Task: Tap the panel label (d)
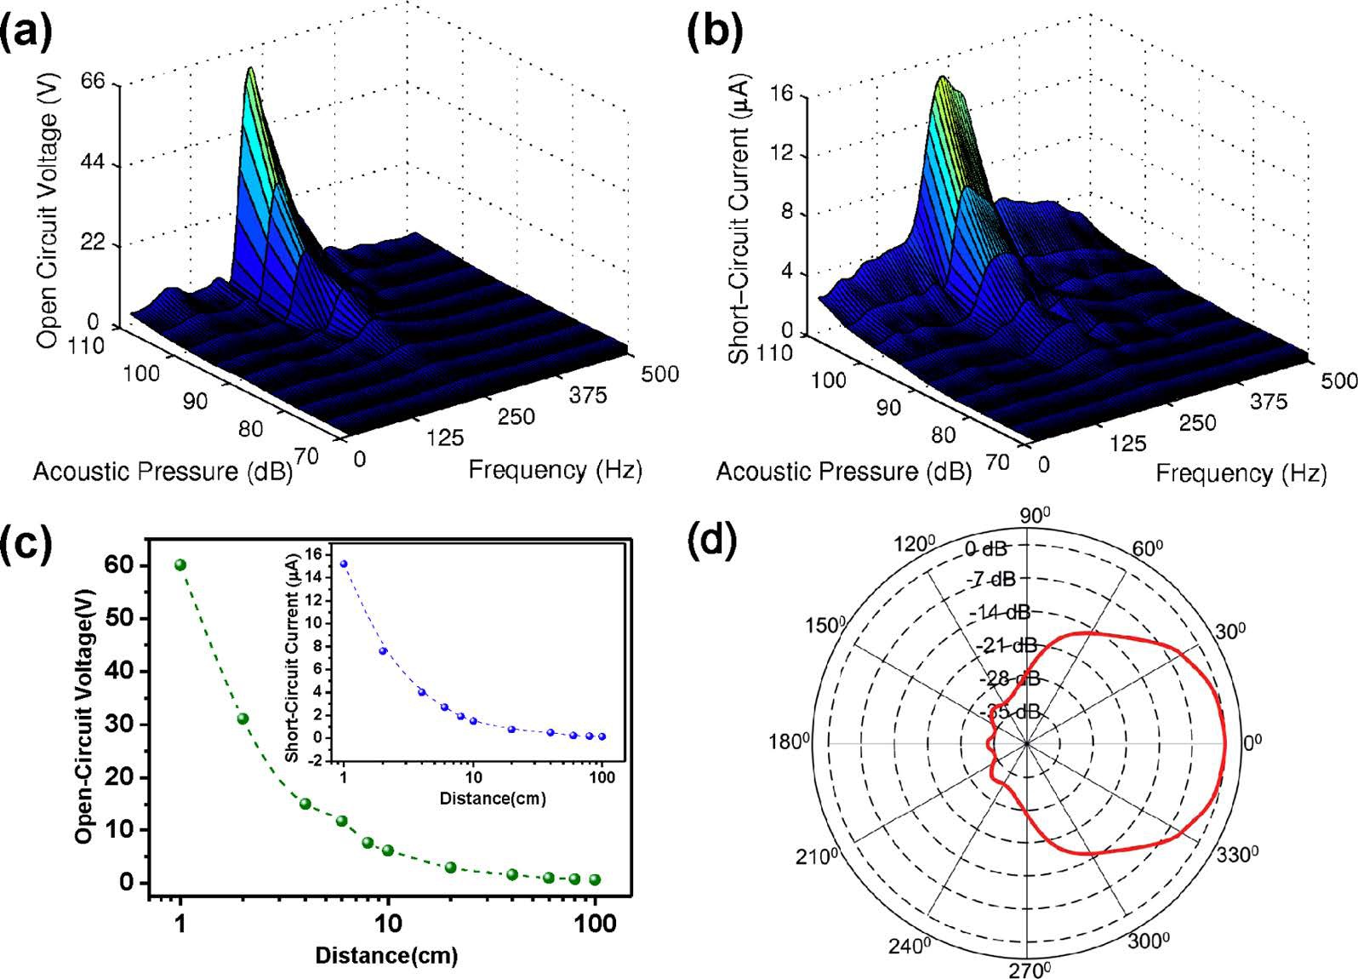(711, 542)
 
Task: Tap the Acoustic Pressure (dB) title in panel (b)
(843, 472)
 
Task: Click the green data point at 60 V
(180, 565)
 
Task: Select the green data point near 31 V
(242, 719)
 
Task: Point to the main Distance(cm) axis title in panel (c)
(386, 955)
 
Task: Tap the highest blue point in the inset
(344, 564)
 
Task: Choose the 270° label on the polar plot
(1030, 969)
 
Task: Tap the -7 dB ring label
(991, 580)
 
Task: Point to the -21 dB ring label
(1007, 645)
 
